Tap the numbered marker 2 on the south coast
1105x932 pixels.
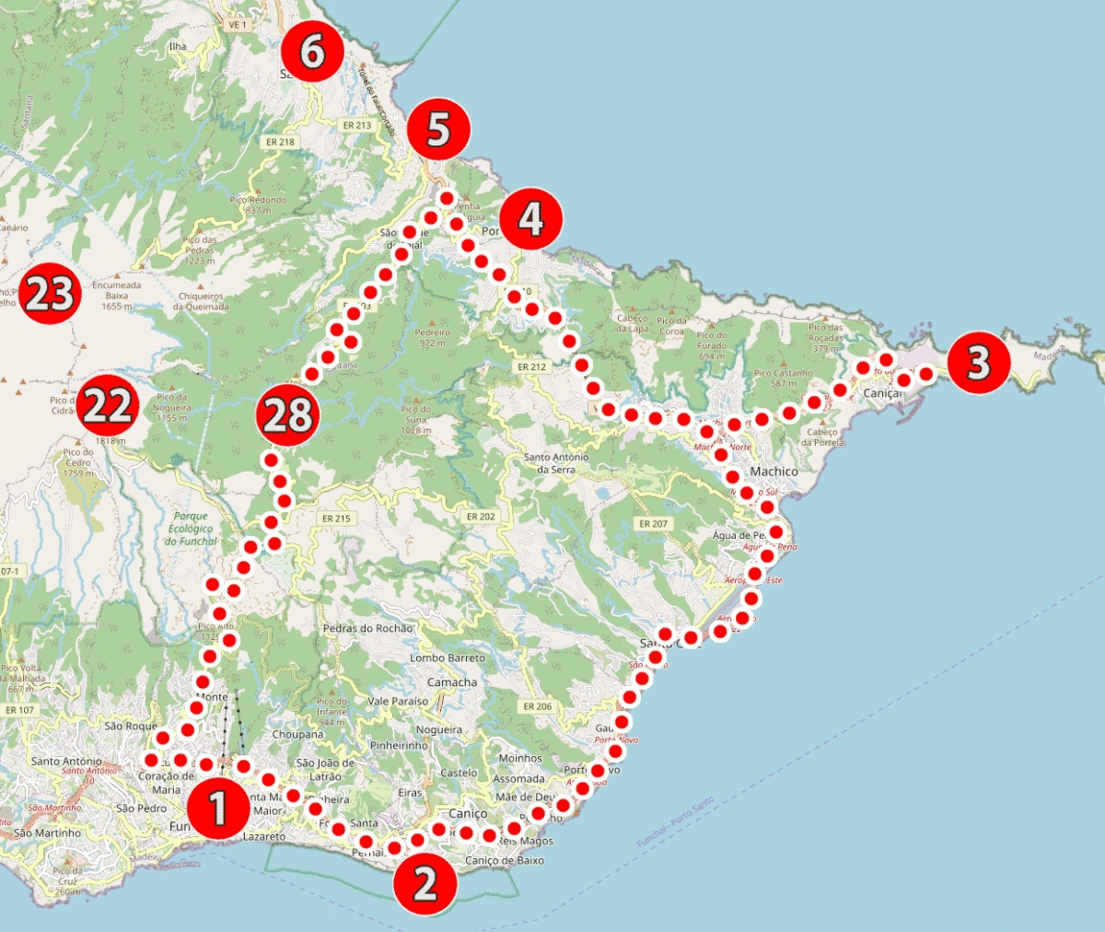(425, 883)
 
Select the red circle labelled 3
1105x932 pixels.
(978, 363)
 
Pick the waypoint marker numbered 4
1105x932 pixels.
(531, 218)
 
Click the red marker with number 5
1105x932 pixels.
(438, 130)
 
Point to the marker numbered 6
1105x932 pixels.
(312, 52)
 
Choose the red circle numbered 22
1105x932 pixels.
(107, 406)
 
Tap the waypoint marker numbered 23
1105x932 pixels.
(50, 296)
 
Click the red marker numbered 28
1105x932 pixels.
(287, 415)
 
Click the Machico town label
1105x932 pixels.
(773, 472)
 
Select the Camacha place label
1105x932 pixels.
(452, 682)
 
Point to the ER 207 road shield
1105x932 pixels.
(653, 524)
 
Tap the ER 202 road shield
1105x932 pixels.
(481, 517)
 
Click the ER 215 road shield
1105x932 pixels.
(336, 518)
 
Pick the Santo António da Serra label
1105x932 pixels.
(555, 463)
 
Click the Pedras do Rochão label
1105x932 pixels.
(367, 629)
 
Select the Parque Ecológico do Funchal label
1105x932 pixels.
(191, 529)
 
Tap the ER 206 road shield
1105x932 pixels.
(537, 706)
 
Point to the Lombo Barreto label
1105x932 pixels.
(447, 658)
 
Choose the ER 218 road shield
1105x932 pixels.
(280, 142)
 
